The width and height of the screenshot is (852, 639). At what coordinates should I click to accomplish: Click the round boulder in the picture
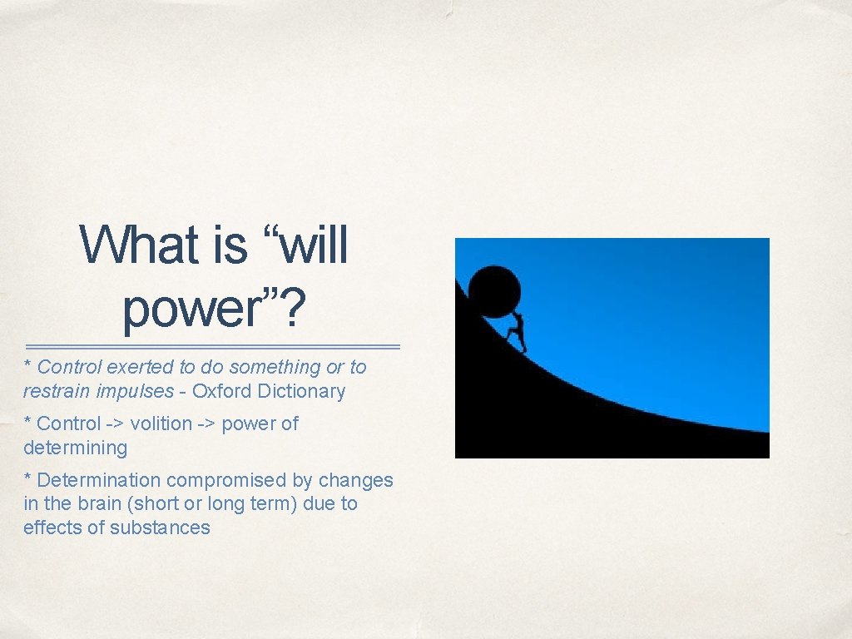click(x=494, y=290)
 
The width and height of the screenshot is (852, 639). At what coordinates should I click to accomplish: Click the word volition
click(x=162, y=424)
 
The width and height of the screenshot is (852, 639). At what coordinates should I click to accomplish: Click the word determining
click(x=75, y=448)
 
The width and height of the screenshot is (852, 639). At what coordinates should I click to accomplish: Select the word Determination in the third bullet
click(x=99, y=480)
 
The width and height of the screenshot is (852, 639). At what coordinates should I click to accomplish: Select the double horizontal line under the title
click(x=213, y=346)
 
